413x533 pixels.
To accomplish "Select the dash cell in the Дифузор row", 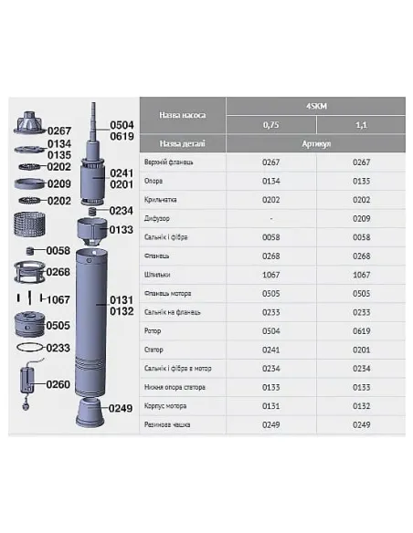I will click(270, 218).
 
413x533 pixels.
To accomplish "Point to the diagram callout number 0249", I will click(122, 408).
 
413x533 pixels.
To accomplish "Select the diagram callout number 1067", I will click(58, 299).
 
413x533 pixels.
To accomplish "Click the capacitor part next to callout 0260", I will click(29, 378).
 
